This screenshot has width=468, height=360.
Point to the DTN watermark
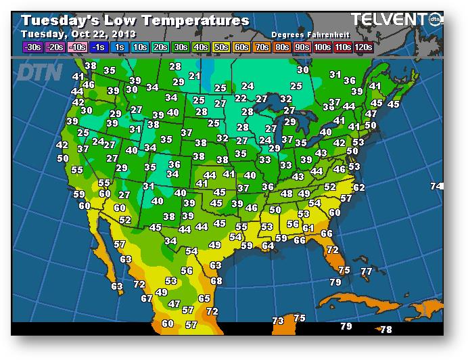[x=41, y=72]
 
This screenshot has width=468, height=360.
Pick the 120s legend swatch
[x=363, y=47]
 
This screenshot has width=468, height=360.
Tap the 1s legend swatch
[x=118, y=47]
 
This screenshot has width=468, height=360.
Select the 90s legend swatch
[x=302, y=47]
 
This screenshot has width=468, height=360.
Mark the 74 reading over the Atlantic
[x=437, y=186]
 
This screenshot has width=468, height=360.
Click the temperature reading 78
[x=386, y=330]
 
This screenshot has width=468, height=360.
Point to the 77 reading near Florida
[x=367, y=271]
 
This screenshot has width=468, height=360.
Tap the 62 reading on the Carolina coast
[x=359, y=187]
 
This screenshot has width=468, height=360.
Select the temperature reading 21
[x=195, y=76]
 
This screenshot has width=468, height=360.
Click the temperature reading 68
[x=216, y=281]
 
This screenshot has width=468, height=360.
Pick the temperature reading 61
[x=308, y=228]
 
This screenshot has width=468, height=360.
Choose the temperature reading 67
[x=147, y=298]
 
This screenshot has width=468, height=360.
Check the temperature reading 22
[x=241, y=99]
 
